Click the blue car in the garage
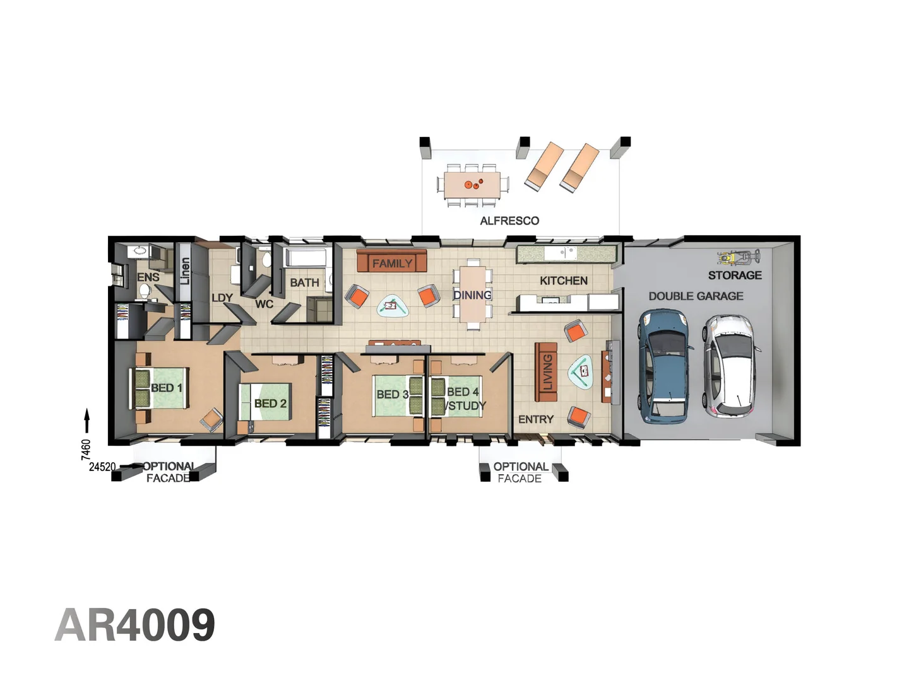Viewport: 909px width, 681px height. [x=664, y=366]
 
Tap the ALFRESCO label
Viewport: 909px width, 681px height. [x=509, y=221]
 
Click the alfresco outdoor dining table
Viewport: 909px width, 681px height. [x=472, y=185]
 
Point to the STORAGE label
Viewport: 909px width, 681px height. [x=735, y=275]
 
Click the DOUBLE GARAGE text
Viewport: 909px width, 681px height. [x=696, y=296]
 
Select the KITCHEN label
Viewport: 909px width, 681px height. [x=563, y=281]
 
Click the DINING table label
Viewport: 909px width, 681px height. [x=472, y=295]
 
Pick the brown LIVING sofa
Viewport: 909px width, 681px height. [x=546, y=372]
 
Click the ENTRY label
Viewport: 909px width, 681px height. [x=535, y=419]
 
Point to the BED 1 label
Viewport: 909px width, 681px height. [x=166, y=388]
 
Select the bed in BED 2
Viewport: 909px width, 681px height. [x=264, y=402]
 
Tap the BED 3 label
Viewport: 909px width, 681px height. [x=392, y=394]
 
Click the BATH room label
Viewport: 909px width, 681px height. [x=304, y=282]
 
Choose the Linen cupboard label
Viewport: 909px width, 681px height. [x=184, y=271]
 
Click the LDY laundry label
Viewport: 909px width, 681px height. [x=222, y=298]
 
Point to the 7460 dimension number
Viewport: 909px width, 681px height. [x=86, y=449]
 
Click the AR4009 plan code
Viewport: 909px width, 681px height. [x=135, y=625]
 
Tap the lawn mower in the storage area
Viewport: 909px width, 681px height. [x=738, y=257]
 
